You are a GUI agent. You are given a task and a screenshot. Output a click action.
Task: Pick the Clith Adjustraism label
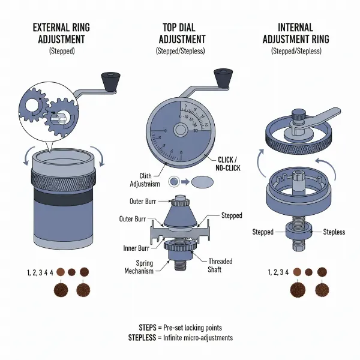(x=147, y=175)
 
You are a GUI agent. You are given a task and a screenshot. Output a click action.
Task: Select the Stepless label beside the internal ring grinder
(x=334, y=232)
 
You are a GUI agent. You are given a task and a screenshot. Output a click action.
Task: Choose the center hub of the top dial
(x=179, y=130)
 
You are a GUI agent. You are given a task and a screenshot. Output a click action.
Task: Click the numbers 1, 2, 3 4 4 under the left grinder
(x=40, y=272)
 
